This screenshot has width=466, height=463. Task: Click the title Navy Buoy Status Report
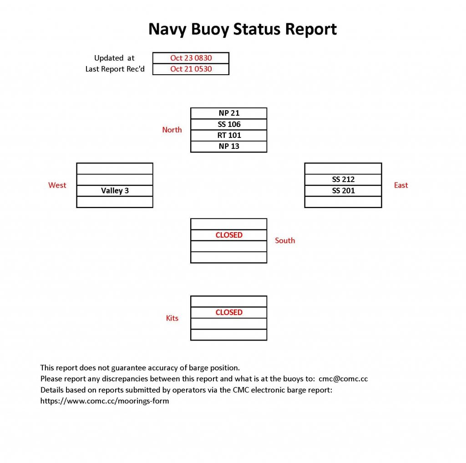(x=243, y=30)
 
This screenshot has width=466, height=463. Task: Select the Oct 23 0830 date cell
(x=191, y=58)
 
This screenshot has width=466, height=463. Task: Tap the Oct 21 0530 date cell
(x=191, y=69)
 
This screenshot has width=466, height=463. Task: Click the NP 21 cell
(x=228, y=113)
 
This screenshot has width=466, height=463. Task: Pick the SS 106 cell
(x=228, y=124)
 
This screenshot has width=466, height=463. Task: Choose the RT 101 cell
(x=228, y=135)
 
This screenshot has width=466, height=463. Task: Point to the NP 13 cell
(x=228, y=146)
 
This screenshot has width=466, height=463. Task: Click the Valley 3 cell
(x=115, y=191)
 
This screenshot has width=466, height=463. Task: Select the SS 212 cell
(x=343, y=180)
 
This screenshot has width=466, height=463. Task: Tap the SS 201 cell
(x=343, y=191)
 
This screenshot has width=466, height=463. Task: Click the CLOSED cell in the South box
(x=228, y=235)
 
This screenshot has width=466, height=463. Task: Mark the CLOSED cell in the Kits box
(x=228, y=312)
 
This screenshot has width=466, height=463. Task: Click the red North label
(x=172, y=130)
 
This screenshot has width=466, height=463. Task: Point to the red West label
(x=57, y=185)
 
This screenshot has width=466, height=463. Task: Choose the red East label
(x=401, y=185)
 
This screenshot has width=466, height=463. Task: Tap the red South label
(x=285, y=240)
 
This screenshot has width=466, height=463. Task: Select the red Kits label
(x=172, y=318)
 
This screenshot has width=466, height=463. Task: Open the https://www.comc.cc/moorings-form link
(x=105, y=401)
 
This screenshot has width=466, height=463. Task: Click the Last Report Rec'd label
(x=115, y=69)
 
